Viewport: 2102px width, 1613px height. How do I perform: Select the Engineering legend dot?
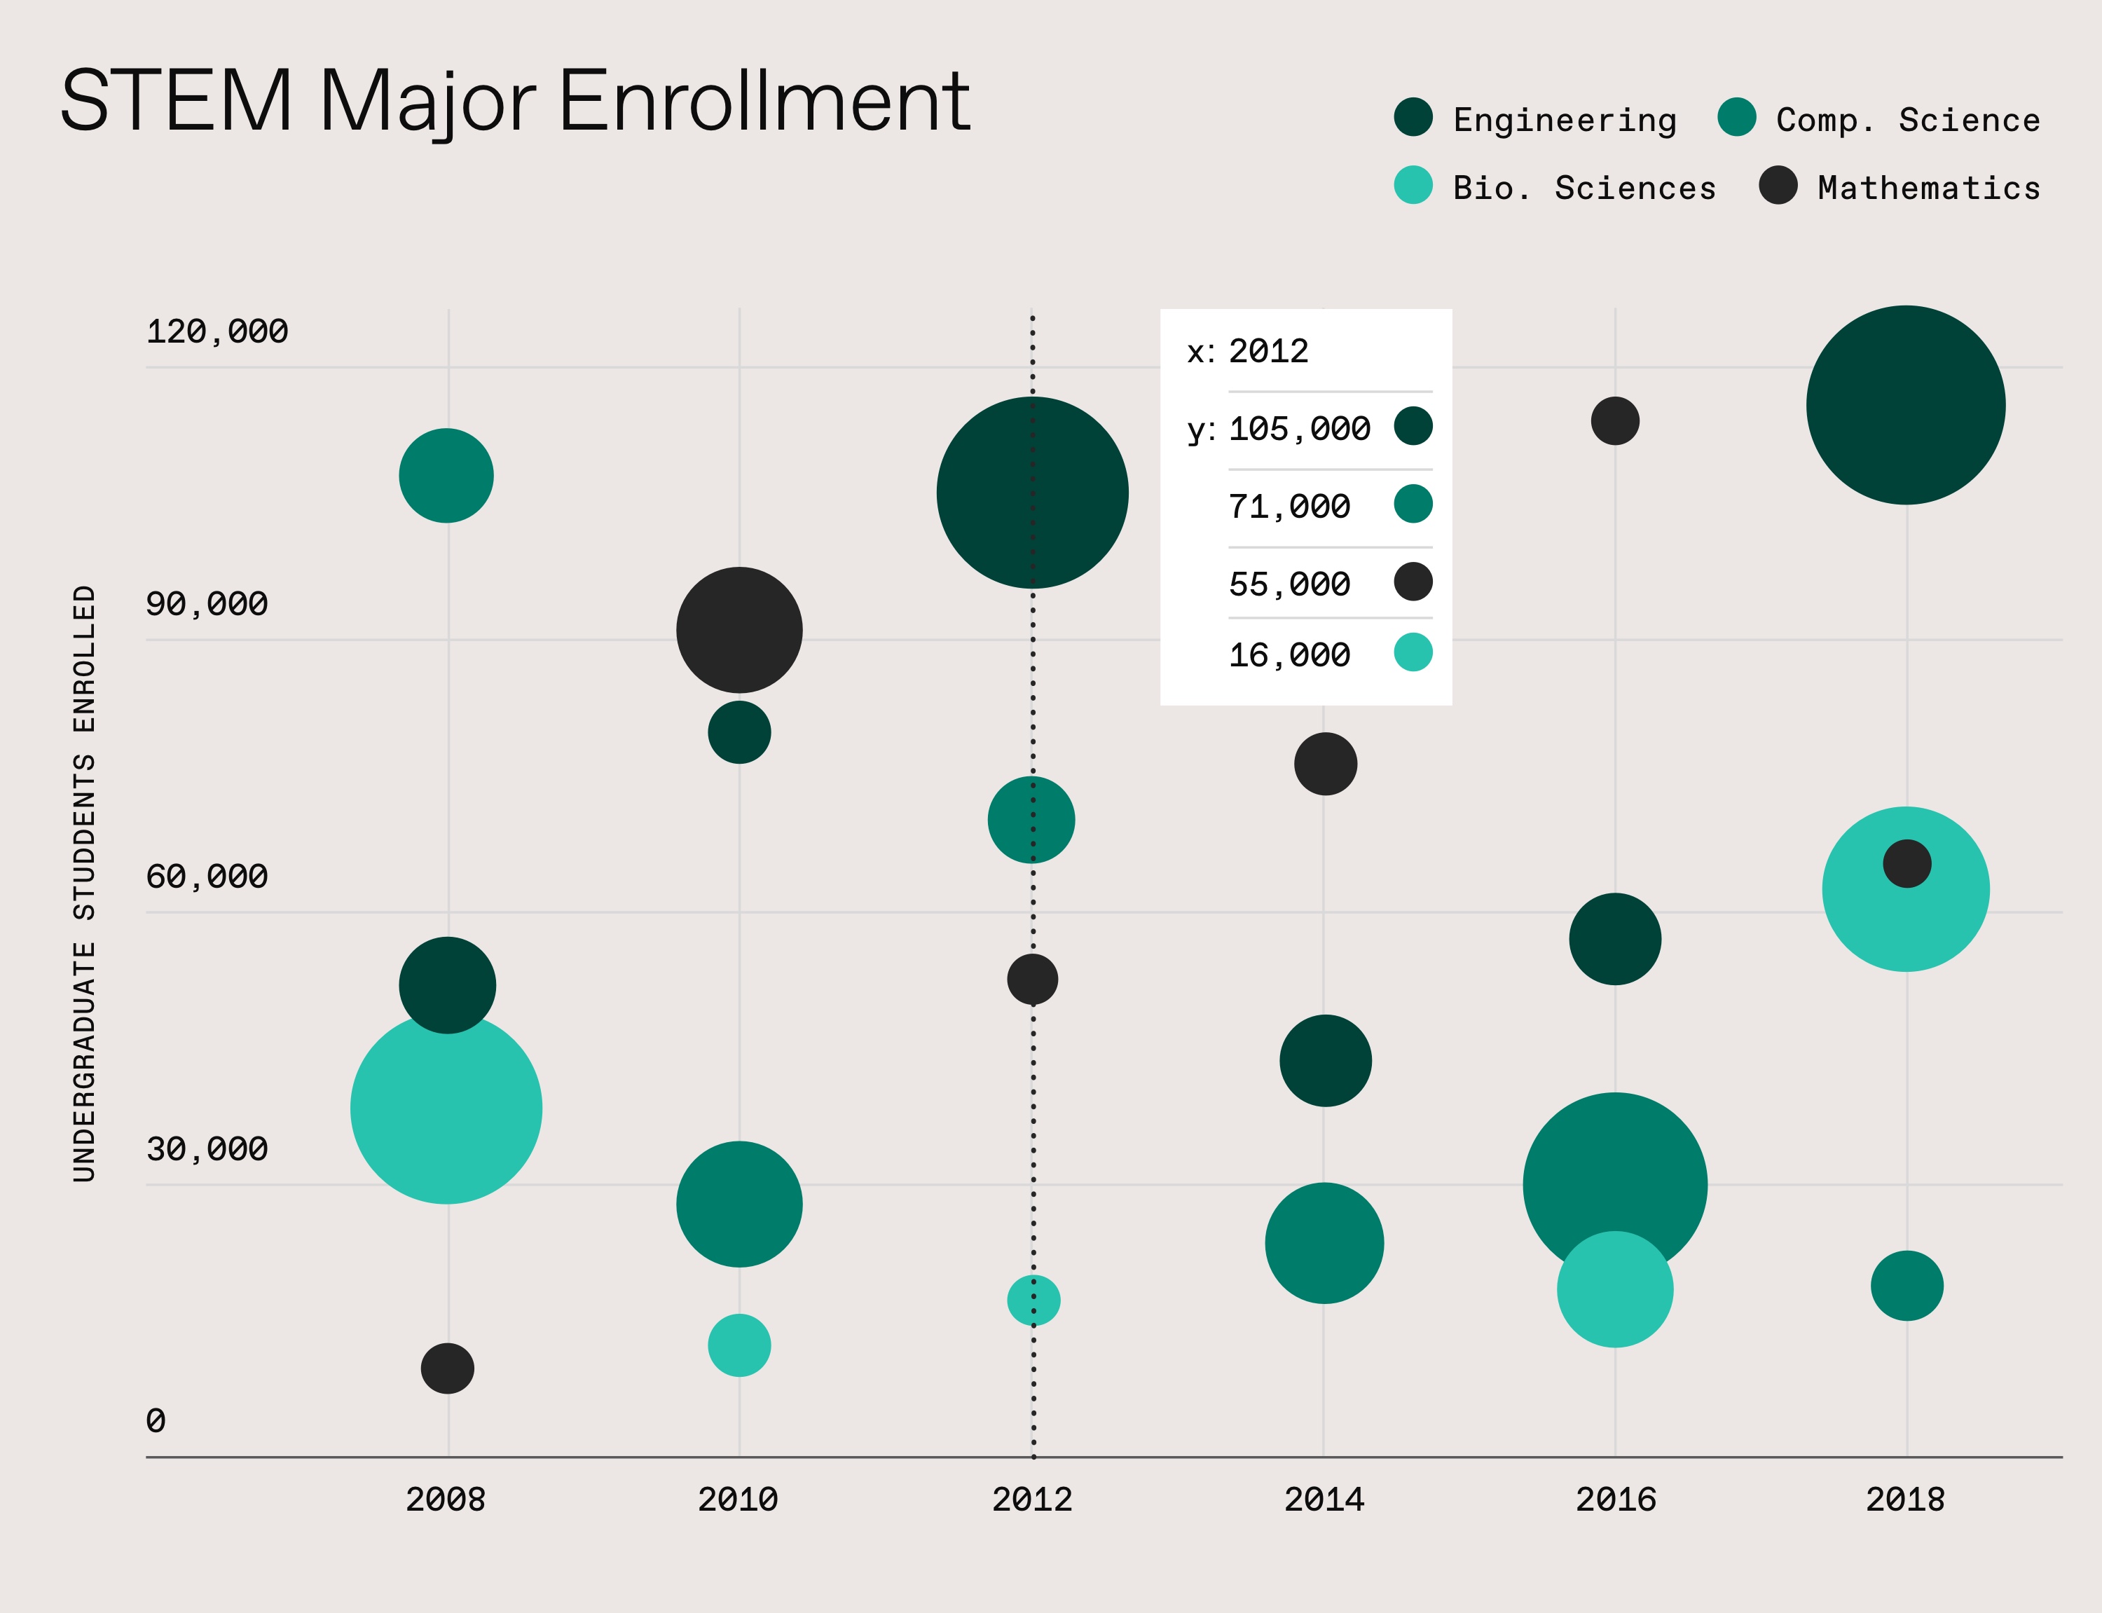click(x=1413, y=117)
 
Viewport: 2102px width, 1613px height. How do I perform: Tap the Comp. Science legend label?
click(x=1908, y=120)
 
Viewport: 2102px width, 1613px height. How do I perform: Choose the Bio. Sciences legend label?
click(x=1584, y=188)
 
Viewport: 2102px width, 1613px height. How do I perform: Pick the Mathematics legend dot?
click(x=1778, y=185)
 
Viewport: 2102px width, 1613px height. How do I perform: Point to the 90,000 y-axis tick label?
click(x=207, y=604)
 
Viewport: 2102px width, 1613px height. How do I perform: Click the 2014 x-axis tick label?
click(x=1324, y=1499)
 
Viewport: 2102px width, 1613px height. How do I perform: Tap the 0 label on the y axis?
click(x=156, y=1420)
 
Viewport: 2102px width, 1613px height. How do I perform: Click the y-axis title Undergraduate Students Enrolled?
click(x=85, y=884)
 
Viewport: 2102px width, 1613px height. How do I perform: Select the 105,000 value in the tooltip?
click(x=1300, y=429)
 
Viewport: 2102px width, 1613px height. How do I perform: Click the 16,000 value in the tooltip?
click(x=1289, y=656)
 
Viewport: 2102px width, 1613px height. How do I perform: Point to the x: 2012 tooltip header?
click(x=1248, y=352)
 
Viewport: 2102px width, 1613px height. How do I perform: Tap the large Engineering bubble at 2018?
click(x=1905, y=405)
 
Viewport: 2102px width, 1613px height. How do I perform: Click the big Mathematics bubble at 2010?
click(x=739, y=630)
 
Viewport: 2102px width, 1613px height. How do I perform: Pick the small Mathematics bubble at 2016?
click(x=1615, y=420)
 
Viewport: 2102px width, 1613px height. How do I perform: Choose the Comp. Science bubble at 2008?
click(x=446, y=475)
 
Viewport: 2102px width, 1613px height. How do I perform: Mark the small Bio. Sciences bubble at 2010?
click(x=739, y=1345)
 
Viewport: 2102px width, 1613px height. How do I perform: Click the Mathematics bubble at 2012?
click(x=1033, y=980)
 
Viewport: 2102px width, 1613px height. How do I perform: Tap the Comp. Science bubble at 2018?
click(x=1907, y=1286)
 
